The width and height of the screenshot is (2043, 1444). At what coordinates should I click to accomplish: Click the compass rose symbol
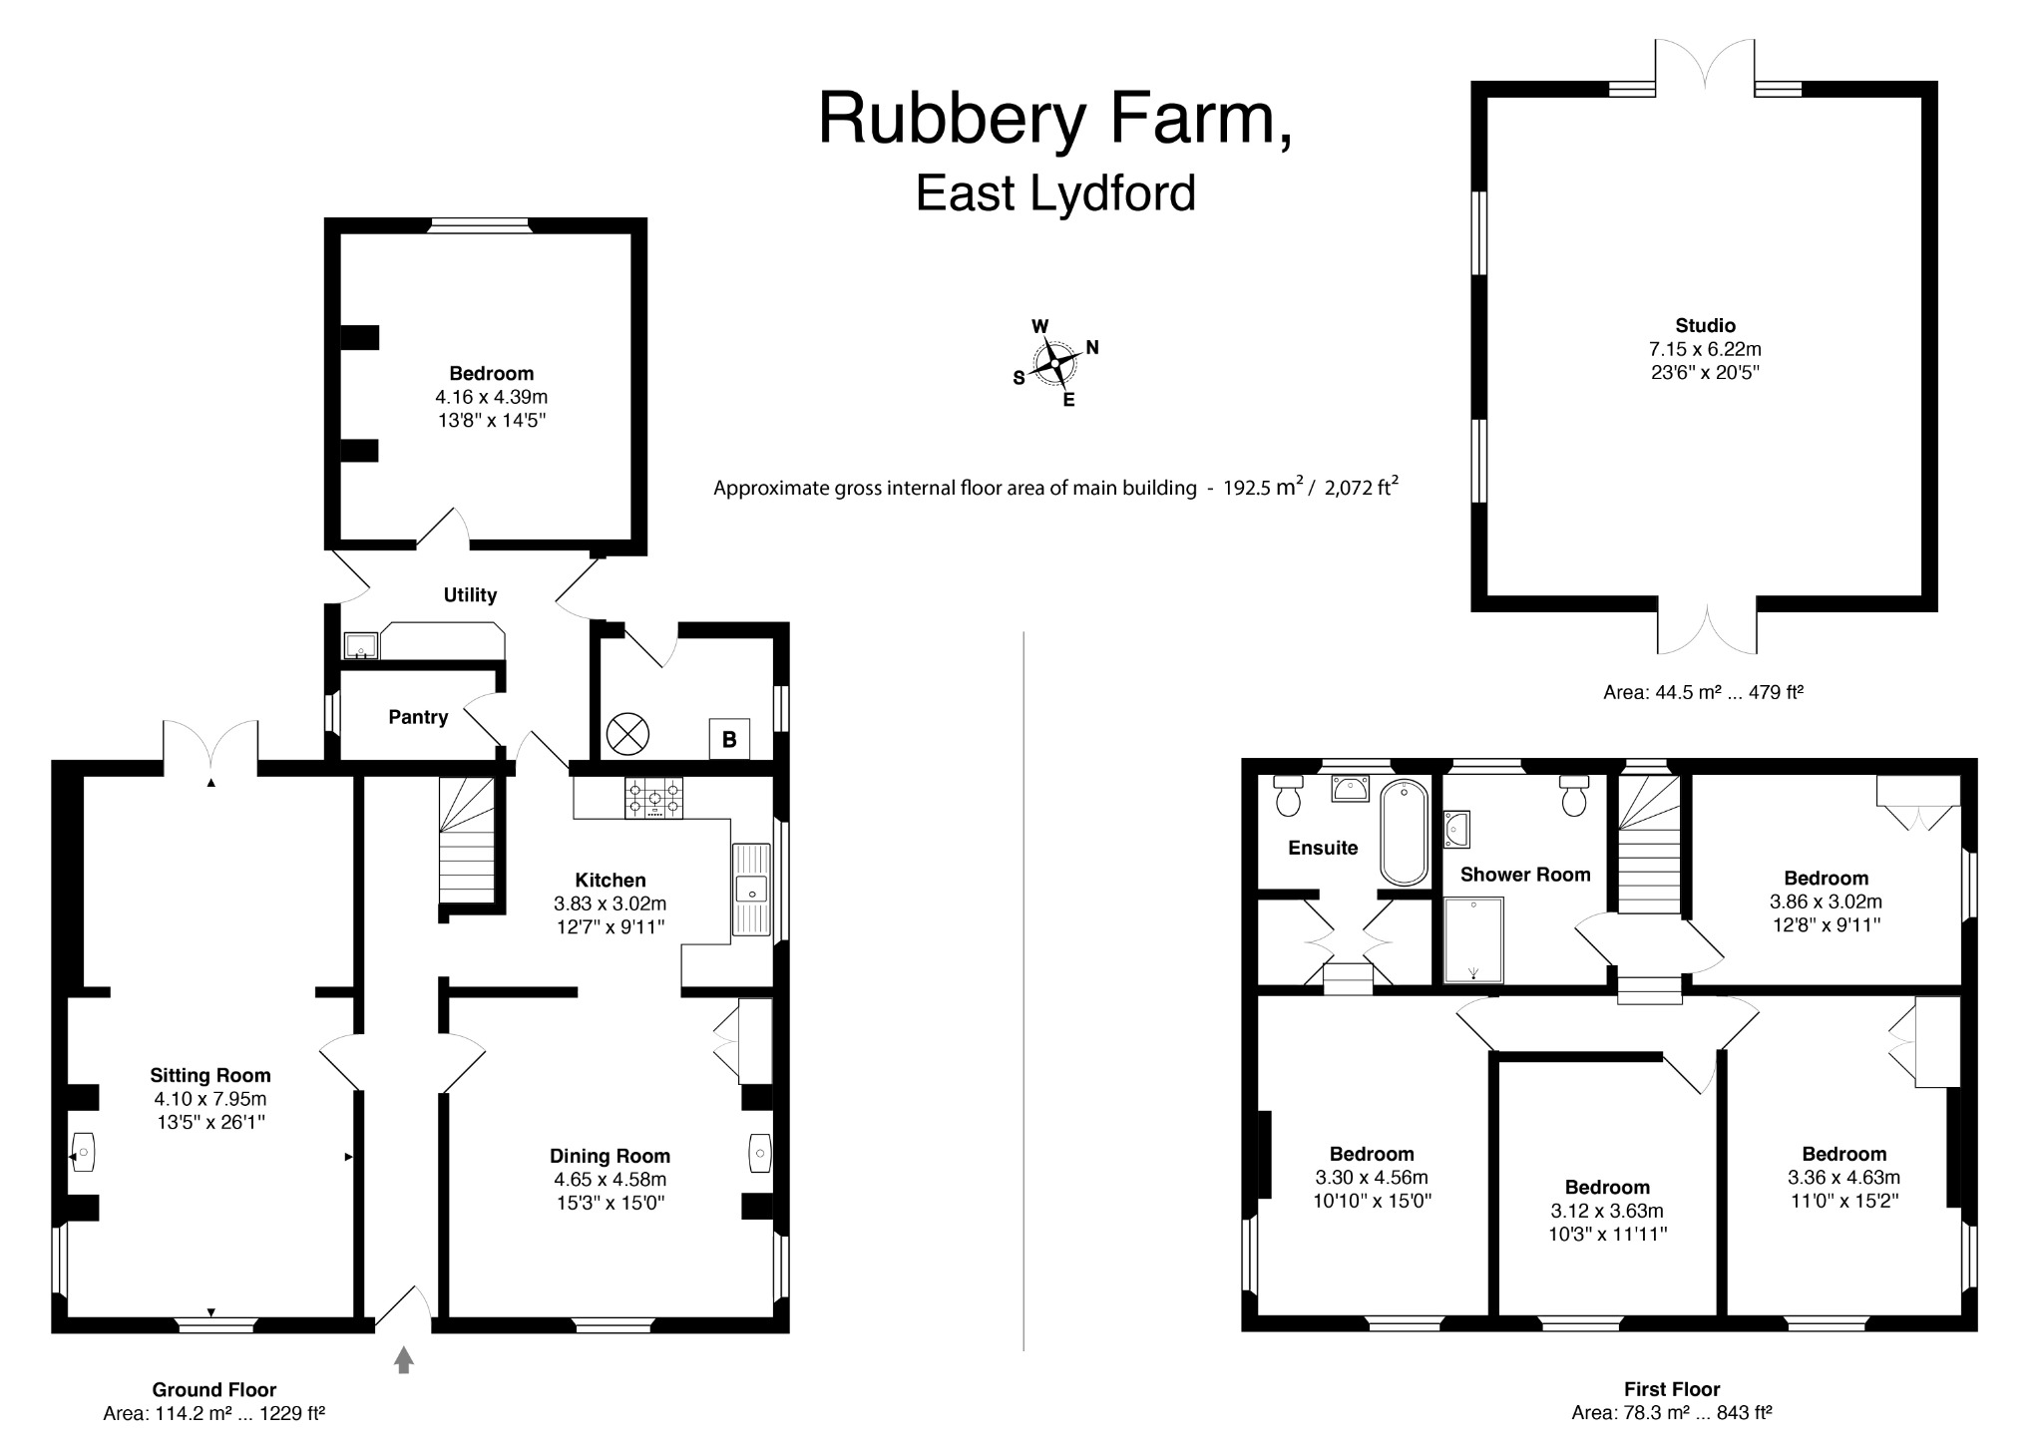[1055, 363]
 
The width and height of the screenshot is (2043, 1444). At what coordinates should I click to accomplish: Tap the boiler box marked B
[729, 739]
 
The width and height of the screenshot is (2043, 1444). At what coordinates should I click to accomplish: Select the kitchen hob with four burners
[654, 798]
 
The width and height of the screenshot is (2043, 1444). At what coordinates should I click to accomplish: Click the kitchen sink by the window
[752, 889]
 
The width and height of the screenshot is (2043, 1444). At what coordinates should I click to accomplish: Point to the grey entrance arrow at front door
[403, 1359]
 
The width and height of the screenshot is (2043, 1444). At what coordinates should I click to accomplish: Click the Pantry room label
[418, 717]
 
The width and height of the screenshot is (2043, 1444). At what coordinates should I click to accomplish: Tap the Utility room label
[470, 595]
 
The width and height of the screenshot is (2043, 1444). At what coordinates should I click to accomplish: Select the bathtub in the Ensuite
[1404, 833]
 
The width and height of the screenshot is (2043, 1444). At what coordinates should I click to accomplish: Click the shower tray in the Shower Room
[1473, 939]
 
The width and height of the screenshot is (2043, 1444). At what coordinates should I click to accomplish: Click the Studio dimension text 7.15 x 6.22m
[1705, 349]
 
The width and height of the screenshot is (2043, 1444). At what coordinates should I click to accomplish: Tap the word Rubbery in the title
[951, 119]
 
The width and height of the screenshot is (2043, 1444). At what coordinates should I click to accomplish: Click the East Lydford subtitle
[1055, 193]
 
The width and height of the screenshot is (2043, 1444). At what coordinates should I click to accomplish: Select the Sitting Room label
[210, 1075]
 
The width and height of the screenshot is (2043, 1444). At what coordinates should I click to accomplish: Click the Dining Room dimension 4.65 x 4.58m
[610, 1180]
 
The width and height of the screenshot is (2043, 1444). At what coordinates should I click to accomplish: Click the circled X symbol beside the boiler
[627, 735]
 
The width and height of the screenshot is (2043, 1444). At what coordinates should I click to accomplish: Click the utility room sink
[360, 646]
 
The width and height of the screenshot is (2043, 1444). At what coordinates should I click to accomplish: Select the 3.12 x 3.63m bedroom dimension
[1606, 1211]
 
